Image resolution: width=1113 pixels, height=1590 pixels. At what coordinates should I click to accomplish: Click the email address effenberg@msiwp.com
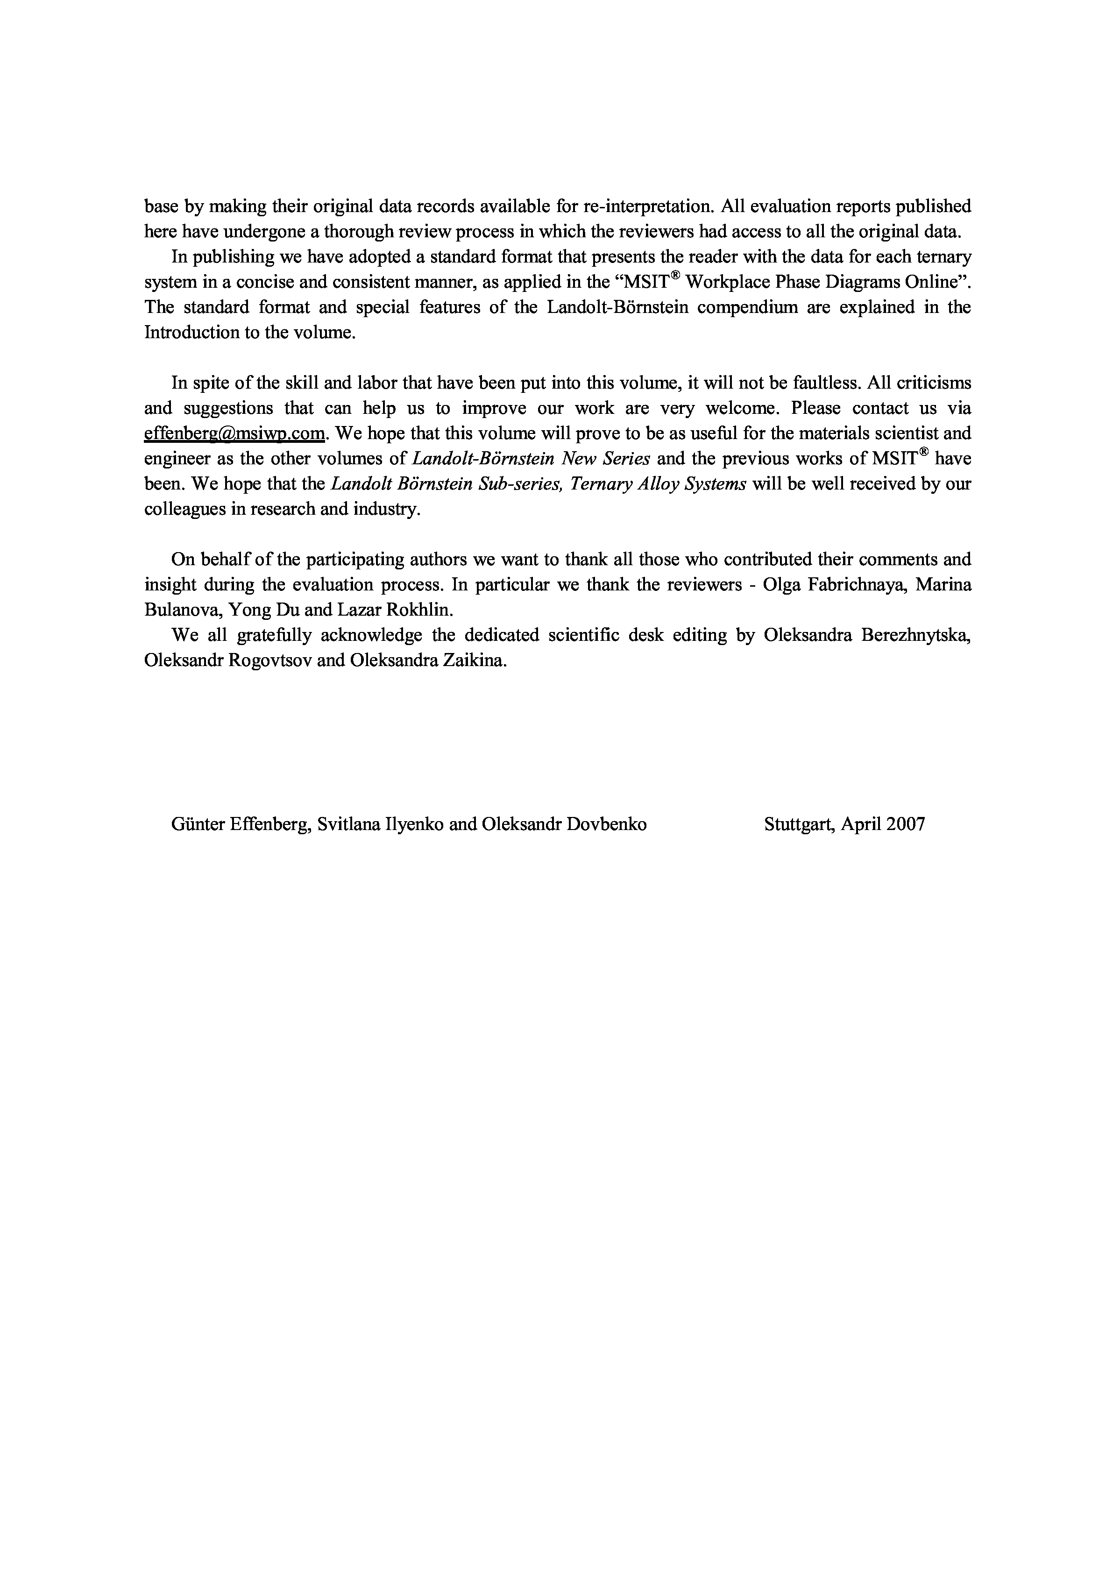[234, 433]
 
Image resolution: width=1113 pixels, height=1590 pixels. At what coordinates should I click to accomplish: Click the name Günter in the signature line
[194, 824]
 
